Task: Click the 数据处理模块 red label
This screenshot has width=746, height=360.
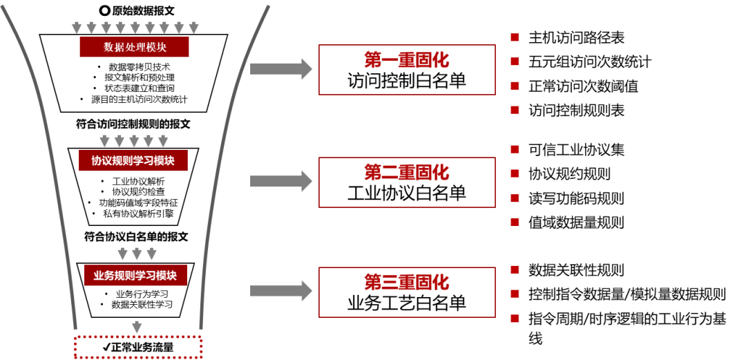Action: coord(134,47)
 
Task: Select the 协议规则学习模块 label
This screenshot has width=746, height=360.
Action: coord(133,160)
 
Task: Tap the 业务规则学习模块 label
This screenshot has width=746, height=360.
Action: coord(135,275)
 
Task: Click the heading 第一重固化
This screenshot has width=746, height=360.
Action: coord(407,60)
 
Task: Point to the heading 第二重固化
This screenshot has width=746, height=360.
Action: coord(407,172)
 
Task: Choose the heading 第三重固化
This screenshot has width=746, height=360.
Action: coord(407,282)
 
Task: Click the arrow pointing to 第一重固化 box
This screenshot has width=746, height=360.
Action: coord(280,68)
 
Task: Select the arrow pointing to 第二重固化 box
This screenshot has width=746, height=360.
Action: coord(280,180)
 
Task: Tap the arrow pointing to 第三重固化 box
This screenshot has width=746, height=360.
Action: coord(280,290)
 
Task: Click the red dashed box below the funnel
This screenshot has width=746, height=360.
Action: coord(137,347)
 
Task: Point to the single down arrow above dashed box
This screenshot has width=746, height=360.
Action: coord(137,327)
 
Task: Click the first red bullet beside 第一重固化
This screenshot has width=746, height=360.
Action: coord(515,37)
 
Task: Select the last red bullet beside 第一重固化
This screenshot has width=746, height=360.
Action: coord(515,110)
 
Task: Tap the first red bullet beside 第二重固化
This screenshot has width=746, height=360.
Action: coord(515,149)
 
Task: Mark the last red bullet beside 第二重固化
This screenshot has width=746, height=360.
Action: coord(515,222)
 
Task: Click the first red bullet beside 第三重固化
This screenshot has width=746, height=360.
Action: coord(515,269)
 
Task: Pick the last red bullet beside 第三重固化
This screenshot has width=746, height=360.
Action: coord(515,319)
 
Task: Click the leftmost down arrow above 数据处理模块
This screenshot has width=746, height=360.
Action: coord(77,28)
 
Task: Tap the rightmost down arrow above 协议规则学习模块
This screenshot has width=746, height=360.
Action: coord(163,141)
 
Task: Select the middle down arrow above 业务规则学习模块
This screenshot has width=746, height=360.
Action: coord(137,254)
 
